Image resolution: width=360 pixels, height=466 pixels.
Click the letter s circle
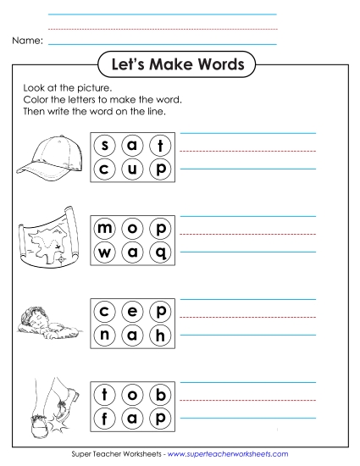(x=106, y=145)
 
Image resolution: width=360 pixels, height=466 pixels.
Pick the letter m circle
(x=106, y=229)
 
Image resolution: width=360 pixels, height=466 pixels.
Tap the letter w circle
(x=106, y=252)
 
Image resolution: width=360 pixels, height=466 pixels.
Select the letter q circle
(x=158, y=252)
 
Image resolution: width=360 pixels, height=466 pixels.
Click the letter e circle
(x=132, y=312)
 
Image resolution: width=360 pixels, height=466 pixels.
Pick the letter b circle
(x=158, y=394)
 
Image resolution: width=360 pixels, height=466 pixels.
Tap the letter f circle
(x=106, y=417)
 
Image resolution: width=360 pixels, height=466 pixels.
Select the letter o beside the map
(x=132, y=229)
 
